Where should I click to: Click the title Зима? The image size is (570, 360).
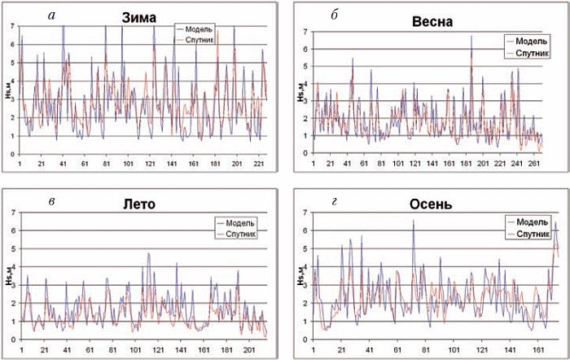pyautogui.click(x=138, y=15)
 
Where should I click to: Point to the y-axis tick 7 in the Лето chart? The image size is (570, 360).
pyautogui.click(x=11, y=213)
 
